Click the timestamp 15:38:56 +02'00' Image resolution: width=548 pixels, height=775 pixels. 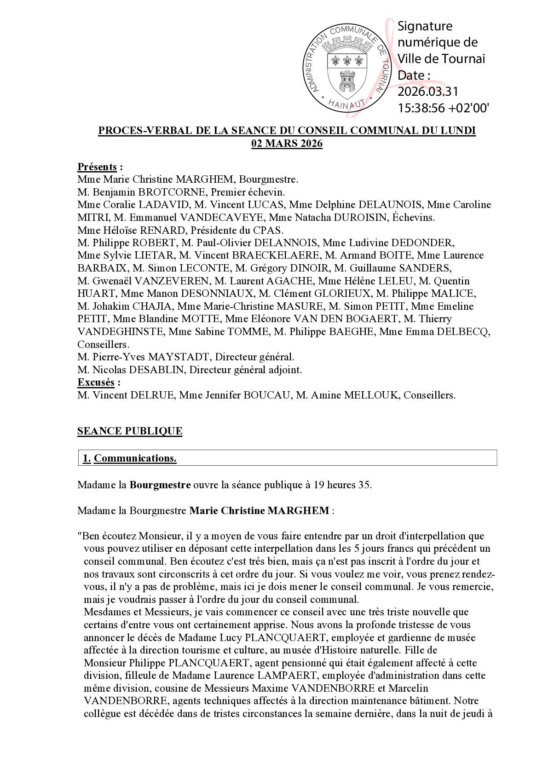tap(443, 108)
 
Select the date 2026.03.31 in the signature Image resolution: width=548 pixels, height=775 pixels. tap(428, 92)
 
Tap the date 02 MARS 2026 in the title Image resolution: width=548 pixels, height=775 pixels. tap(287, 144)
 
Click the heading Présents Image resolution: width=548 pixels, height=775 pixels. tap(97, 167)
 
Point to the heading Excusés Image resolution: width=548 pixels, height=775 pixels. tap(96, 382)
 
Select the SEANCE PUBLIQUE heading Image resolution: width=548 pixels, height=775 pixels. tap(130, 431)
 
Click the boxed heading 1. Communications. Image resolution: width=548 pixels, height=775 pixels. tap(130, 458)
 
